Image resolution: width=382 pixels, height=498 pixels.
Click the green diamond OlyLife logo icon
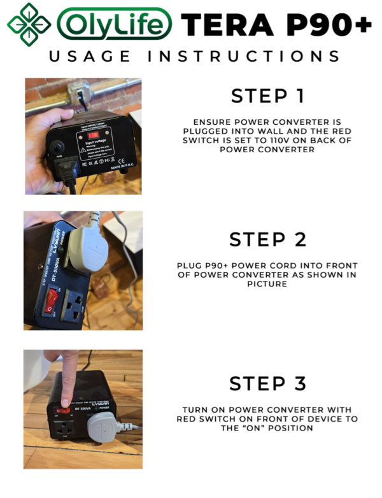(29, 24)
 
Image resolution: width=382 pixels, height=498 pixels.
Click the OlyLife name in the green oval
(115, 25)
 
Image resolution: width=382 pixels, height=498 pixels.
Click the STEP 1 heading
(267, 96)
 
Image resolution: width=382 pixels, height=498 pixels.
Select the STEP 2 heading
(267, 240)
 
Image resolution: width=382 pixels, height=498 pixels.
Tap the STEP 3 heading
(267, 384)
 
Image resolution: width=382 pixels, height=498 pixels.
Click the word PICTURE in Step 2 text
(267, 284)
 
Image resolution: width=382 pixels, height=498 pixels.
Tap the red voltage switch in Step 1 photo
(93, 136)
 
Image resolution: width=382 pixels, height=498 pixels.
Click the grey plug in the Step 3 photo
(105, 429)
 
